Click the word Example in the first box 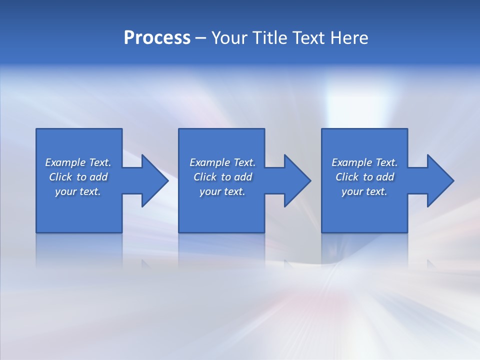(x=65, y=162)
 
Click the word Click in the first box (x=60, y=177)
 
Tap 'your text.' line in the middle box (x=222, y=191)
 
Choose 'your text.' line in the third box (x=364, y=191)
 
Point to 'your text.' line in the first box (x=78, y=191)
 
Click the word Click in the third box (x=347, y=177)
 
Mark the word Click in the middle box (x=205, y=177)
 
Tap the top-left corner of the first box (x=36, y=129)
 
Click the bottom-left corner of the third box (x=322, y=232)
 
